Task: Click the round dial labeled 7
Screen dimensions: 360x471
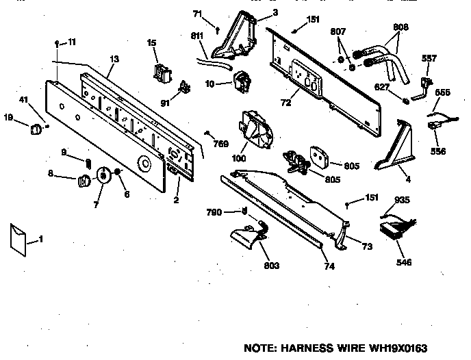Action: pos(103,176)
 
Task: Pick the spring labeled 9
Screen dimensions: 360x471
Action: pos(88,162)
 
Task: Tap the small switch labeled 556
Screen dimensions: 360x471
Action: pos(433,126)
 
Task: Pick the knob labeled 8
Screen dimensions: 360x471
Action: pos(84,181)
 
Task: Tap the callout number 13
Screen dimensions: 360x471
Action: pos(114,60)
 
